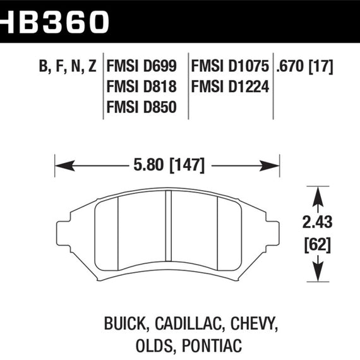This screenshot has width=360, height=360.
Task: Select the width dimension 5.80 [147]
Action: tap(169, 167)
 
